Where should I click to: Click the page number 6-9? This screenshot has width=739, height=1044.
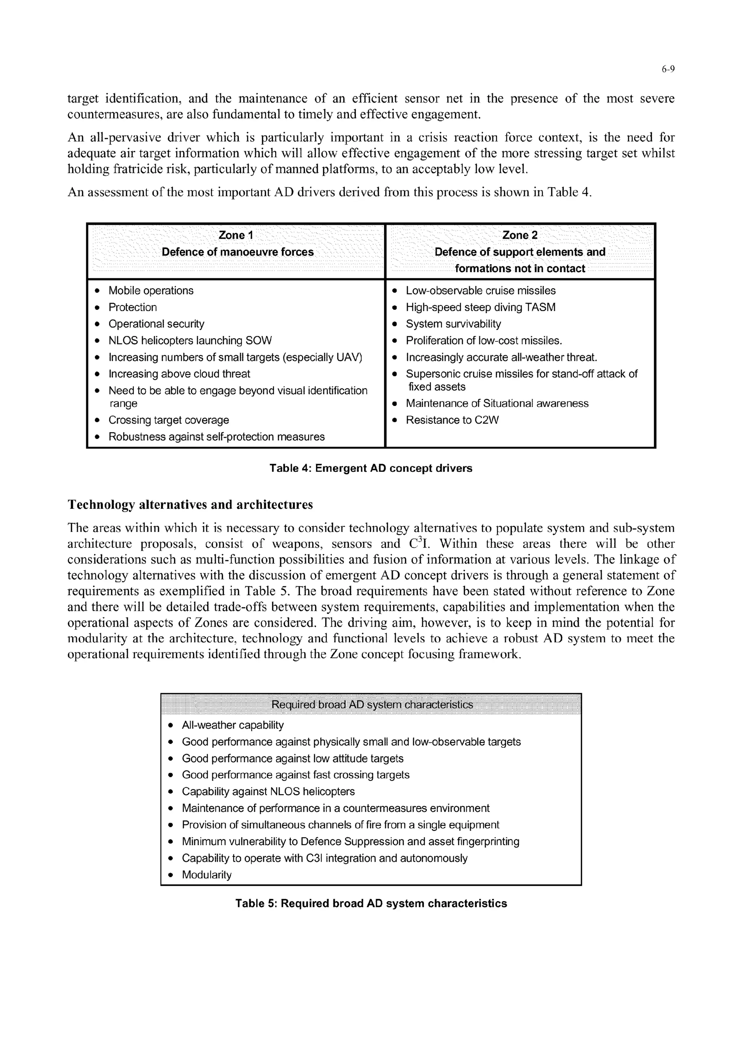[x=668, y=69]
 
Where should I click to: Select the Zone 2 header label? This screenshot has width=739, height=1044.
[x=520, y=235]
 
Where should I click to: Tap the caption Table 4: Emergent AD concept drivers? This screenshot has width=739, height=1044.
[x=371, y=468]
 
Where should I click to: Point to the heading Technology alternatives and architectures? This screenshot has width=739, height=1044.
[x=190, y=505]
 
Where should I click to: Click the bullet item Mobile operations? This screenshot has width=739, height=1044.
[x=150, y=291]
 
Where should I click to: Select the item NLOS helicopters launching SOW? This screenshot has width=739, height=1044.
[x=190, y=341]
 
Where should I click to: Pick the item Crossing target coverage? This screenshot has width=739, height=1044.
[x=169, y=420]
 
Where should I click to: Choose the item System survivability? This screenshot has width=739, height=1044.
[x=453, y=324]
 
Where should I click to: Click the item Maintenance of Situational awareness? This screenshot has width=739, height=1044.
[x=497, y=404]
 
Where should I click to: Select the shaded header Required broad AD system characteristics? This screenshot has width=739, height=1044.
[x=372, y=704]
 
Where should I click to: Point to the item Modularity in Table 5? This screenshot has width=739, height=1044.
[x=207, y=875]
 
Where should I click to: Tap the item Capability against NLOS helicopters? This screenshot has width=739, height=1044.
[x=268, y=791]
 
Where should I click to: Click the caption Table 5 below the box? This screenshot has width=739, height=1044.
[x=371, y=903]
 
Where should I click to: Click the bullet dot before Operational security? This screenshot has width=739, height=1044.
[x=97, y=324]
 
